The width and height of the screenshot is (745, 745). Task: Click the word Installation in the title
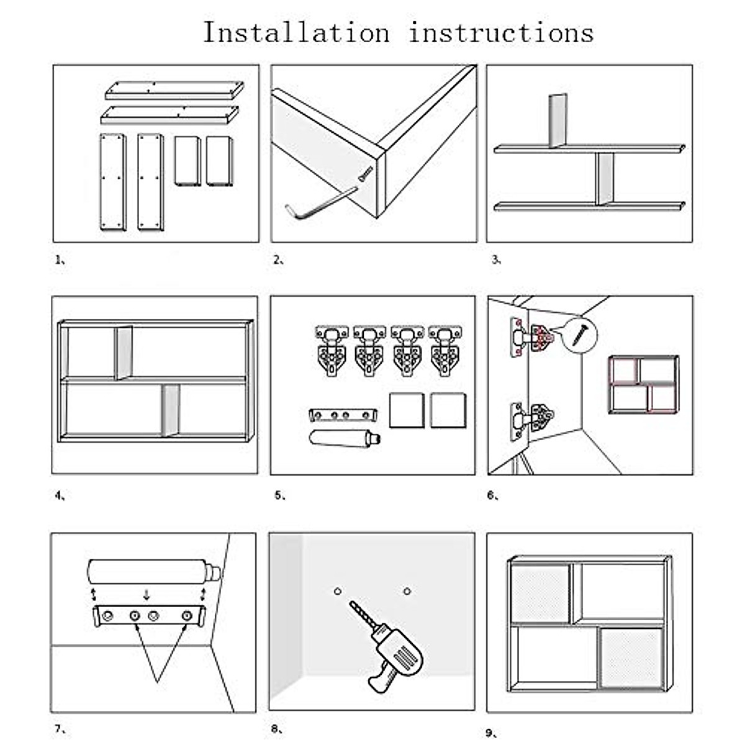(x=297, y=32)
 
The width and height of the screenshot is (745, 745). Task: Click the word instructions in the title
(x=501, y=33)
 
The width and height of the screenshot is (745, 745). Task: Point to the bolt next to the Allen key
(x=365, y=174)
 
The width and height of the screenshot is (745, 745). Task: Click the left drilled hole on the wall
(x=338, y=591)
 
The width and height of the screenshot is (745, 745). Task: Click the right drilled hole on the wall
(x=407, y=591)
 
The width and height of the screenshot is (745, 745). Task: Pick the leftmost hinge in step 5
(x=332, y=351)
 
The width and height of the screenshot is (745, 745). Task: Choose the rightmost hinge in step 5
(x=445, y=351)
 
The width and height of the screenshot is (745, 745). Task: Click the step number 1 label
(x=60, y=260)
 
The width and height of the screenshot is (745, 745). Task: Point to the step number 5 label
(x=280, y=495)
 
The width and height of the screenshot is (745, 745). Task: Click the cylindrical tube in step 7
(x=154, y=572)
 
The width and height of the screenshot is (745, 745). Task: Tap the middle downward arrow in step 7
(x=146, y=595)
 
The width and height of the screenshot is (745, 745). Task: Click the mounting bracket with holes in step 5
(x=343, y=415)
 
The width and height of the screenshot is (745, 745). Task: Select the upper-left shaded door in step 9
(x=541, y=594)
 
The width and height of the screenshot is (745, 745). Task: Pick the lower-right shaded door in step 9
(x=631, y=657)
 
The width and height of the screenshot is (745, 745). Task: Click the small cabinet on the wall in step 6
(x=644, y=385)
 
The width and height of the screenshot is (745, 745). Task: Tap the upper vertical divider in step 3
(x=558, y=120)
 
